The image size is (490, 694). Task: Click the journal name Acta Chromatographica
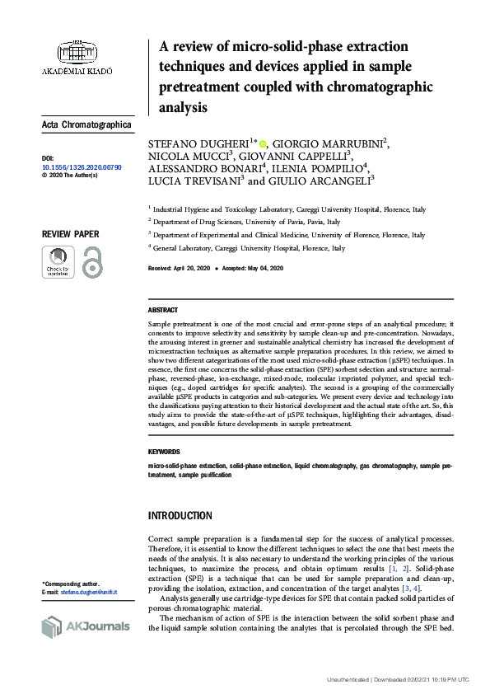coord(86,125)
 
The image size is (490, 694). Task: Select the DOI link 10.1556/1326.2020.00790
coord(82,166)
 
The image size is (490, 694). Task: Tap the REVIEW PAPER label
coord(71,234)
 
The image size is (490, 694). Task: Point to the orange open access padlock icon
coord(91,261)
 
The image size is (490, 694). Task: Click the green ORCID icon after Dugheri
coord(264,143)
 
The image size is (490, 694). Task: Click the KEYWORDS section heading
coord(165,453)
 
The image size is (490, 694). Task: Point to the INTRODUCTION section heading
coord(180,516)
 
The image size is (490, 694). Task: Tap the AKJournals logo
coord(86,626)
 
